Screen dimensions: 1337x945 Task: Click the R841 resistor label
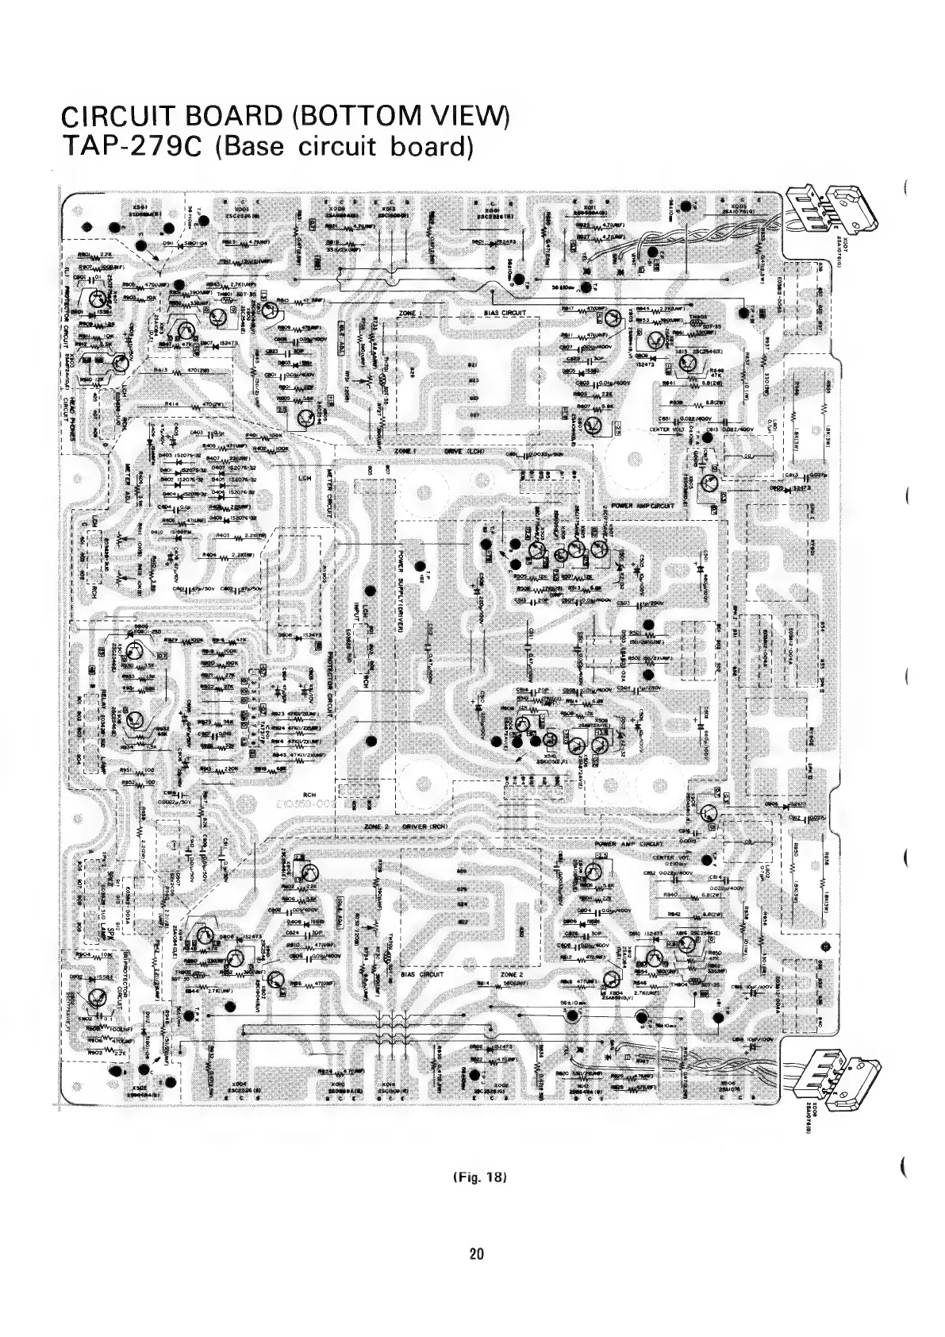[x=668, y=382]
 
